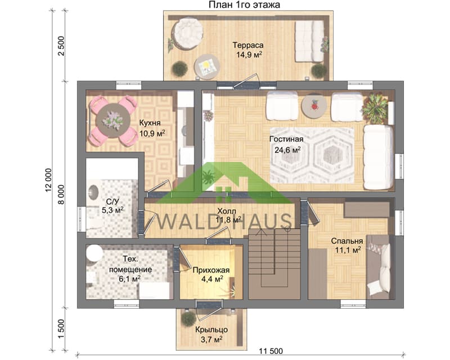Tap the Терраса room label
[248, 45]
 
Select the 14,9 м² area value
[249, 54]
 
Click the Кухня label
[150, 123]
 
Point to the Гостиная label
[286, 139]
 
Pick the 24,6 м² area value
[287, 150]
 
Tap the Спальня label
[347, 241]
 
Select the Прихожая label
[211, 270]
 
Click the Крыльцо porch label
[211, 330]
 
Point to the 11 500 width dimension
[271, 351]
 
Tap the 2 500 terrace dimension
[61, 46]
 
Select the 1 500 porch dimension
[61, 329]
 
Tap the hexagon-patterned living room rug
[312, 155]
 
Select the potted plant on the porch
[189, 319]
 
